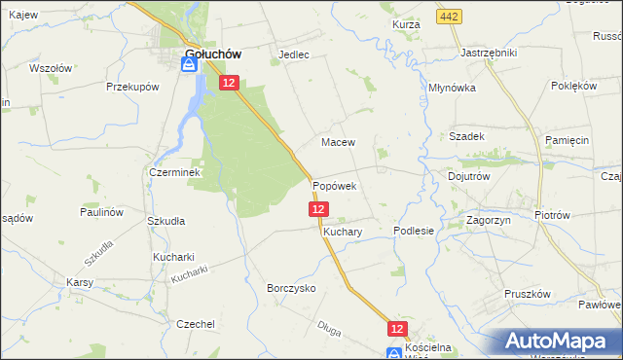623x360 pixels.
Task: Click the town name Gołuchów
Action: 213,54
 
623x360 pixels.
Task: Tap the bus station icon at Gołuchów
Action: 189,65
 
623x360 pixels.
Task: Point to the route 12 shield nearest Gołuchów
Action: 228,85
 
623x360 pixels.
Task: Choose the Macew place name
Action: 338,142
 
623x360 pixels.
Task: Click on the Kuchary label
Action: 343,234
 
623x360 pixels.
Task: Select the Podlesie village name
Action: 413,231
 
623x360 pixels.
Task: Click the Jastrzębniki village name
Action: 488,53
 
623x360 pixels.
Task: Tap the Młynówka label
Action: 452,87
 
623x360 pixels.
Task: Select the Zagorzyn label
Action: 490,221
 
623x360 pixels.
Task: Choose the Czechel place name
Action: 195,324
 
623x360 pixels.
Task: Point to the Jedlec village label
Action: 293,54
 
